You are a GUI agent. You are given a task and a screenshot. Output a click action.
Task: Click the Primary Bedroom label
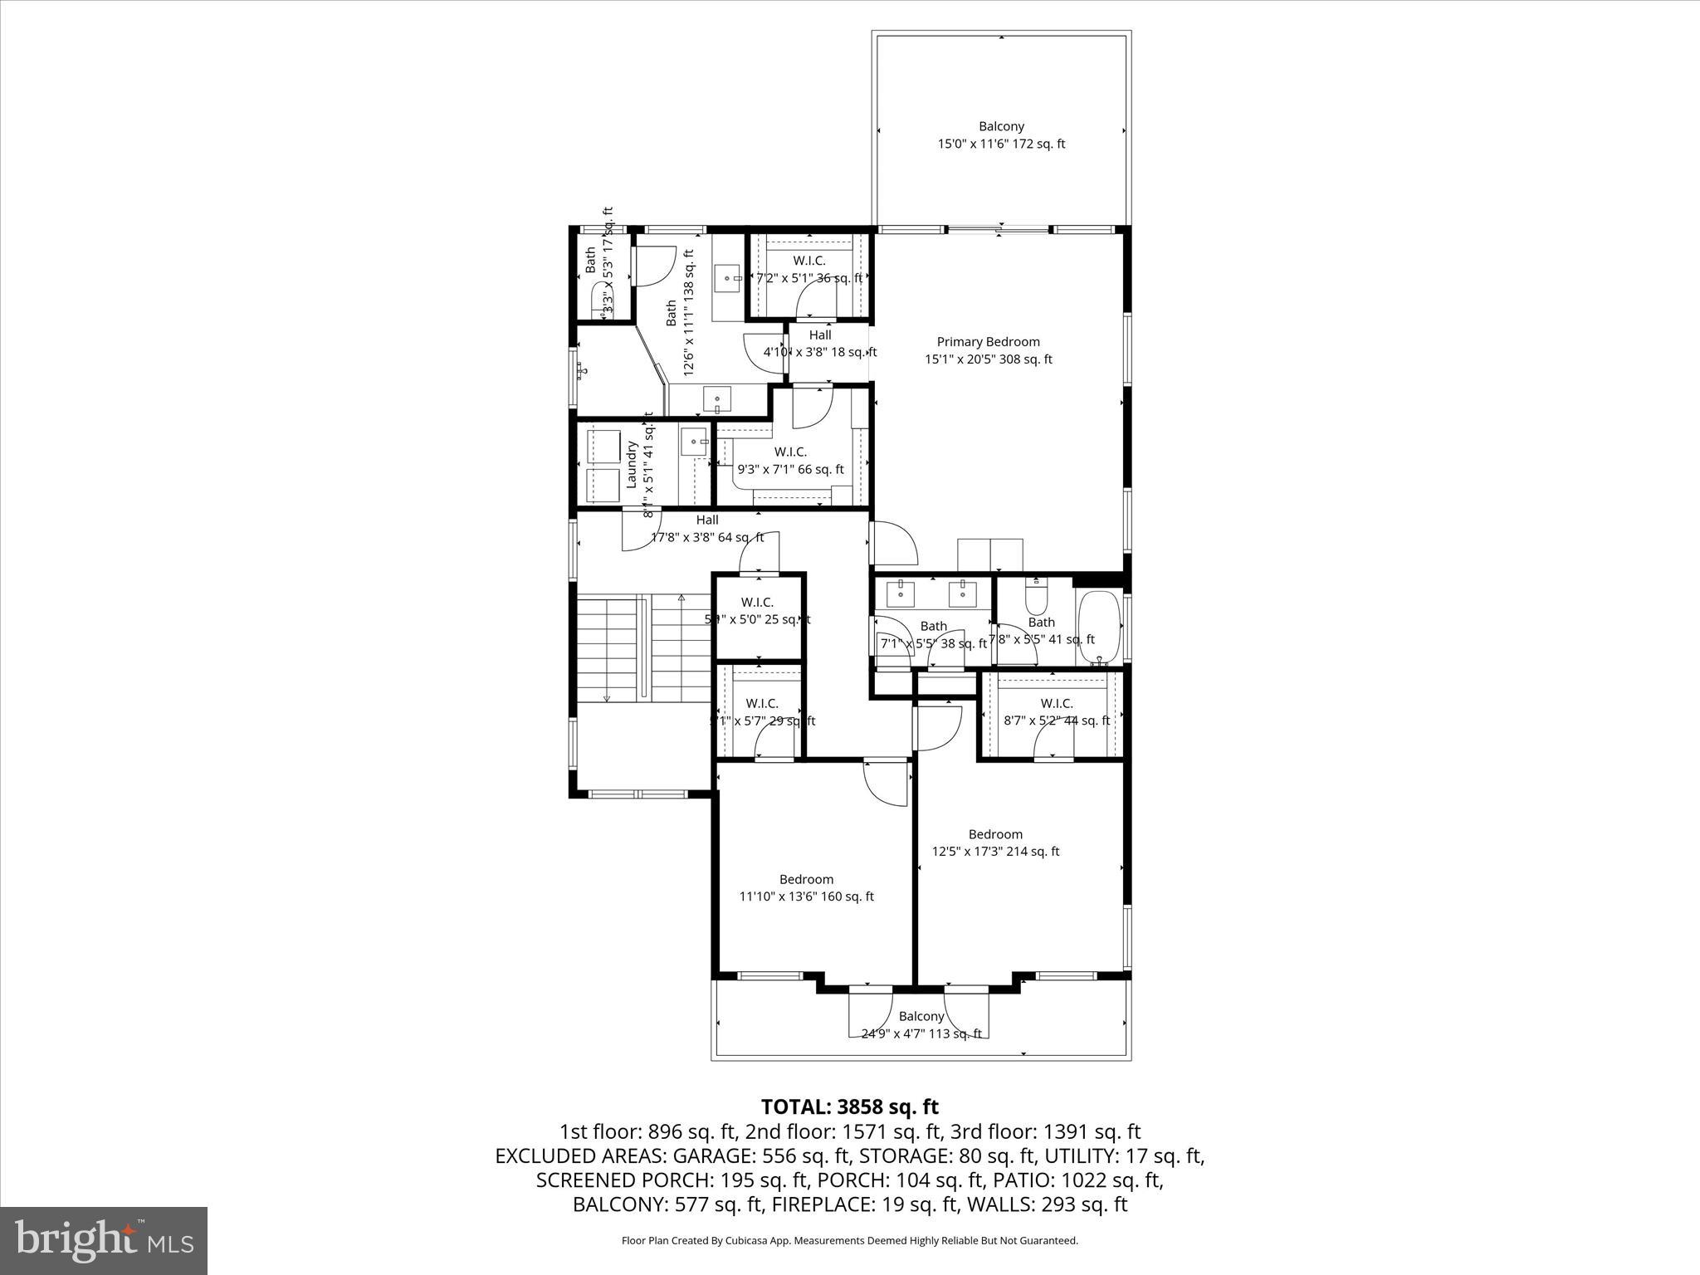[988, 342]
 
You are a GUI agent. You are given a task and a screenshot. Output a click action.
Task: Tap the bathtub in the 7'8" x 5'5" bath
[1098, 627]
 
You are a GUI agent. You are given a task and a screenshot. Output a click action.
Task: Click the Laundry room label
[632, 464]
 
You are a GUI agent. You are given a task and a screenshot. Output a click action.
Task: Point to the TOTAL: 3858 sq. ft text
[849, 1106]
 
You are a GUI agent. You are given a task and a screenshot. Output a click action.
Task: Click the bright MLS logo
[104, 1241]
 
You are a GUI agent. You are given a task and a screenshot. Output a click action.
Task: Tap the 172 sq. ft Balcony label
[1001, 126]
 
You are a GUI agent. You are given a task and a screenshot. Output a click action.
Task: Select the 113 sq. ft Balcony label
[921, 1016]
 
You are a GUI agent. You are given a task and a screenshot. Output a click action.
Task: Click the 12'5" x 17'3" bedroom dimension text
[995, 852]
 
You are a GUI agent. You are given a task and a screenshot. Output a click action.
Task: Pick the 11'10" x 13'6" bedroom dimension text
[806, 896]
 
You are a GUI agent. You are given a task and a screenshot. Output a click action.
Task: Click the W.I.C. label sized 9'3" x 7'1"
[790, 452]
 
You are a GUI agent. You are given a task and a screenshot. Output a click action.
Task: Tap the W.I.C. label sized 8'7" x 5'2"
[1057, 703]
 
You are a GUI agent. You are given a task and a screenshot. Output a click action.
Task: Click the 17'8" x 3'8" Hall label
[707, 520]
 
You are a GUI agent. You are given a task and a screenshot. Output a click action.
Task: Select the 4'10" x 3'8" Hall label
[820, 335]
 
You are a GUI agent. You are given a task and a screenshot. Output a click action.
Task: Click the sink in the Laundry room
[693, 442]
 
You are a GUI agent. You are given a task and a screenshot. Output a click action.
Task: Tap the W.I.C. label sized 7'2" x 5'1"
[809, 261]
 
